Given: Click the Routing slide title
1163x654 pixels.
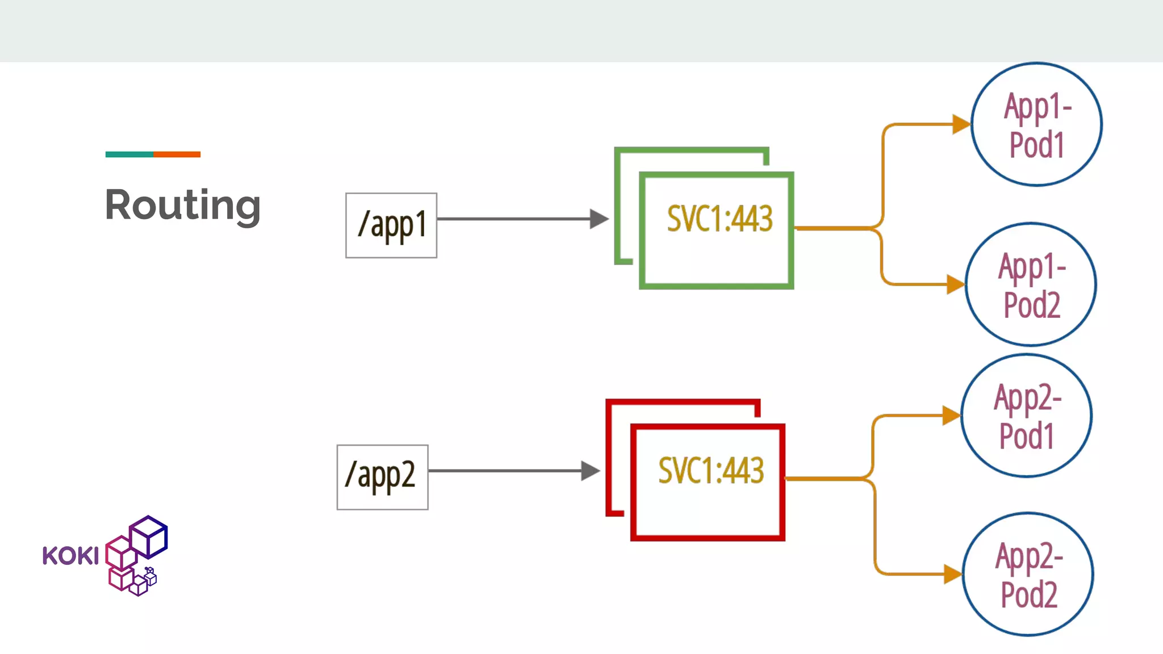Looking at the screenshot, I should (x=182, y=206).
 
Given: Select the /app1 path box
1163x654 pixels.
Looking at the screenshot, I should (x=391, y=225).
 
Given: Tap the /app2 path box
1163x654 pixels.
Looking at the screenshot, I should (x=382, y=477).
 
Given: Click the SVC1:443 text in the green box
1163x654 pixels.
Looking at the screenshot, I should (x=719, y=219).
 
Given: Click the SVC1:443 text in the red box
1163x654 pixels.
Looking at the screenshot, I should (x=710, y=471).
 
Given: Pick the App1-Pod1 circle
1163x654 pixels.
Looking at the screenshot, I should (x=1036, y=124).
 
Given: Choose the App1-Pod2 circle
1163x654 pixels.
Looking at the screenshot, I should (x=1031, y=284).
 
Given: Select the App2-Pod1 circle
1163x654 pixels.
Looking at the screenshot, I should (x=1026, y=416).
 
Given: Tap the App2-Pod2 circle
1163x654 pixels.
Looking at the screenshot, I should (x=1028, y=574).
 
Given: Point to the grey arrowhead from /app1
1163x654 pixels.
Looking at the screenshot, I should (x=599, y=219).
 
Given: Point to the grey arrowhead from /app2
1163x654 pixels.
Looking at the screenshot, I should (x=590, y=471).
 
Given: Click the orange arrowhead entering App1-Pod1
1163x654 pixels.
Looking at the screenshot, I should (x=961, y=124).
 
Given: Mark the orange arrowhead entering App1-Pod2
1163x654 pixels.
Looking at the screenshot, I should (x=955, y=284).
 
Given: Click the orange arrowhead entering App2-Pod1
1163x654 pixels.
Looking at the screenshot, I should (x=951, y=416).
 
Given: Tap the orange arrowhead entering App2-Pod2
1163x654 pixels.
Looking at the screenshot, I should (x=952, y=574).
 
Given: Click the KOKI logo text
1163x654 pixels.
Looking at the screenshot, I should (x=70, y=556).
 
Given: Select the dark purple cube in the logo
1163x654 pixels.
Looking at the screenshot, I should (x=149, y=537).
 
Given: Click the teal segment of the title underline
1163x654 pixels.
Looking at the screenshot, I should (x=129, y=154).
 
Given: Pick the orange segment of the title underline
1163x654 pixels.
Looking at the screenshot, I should (x=177, y=154).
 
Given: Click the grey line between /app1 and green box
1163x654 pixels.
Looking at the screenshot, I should (x=511, y=219).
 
